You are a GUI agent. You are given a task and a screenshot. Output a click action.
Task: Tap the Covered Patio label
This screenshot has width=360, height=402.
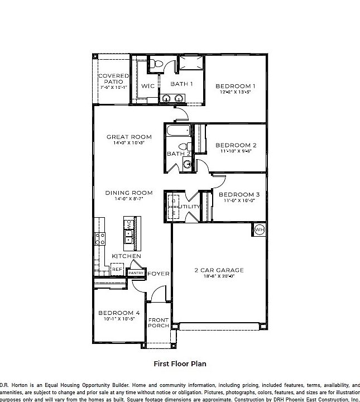click(x=113, y=79)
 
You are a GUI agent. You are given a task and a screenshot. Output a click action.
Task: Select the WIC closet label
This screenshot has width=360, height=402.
click(x=147, y=86)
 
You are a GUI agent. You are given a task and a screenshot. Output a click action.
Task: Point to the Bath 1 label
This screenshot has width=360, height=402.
click(x=181, y=84)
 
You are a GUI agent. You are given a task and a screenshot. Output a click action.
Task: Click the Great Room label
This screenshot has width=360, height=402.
click(x=129, y=137)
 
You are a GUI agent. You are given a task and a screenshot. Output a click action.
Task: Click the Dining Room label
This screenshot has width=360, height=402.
click(x=128, y=193)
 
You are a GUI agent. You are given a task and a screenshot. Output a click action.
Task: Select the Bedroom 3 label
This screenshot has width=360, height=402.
click(x=239, y=194)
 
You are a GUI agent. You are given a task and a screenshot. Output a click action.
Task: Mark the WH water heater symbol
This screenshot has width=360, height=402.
click(x=260, y=229)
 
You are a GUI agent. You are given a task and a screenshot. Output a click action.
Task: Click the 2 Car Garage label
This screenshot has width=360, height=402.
click(x=219, y=270)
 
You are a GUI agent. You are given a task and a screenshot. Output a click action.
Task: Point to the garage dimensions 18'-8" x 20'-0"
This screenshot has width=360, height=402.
click(x=219, y=276)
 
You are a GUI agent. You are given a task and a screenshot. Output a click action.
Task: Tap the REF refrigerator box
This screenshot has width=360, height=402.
click(x=117, y=269)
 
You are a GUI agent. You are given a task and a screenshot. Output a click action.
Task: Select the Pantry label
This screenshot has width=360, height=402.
click(x=136, y=273)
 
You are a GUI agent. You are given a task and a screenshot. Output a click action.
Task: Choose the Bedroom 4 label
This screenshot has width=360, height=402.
click(x=119, y=313)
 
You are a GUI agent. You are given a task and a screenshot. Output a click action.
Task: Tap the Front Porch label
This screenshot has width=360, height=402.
click(x=159, y=323)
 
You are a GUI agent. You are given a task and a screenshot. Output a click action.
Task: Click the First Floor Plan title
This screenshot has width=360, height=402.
click(x=180, y=363)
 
